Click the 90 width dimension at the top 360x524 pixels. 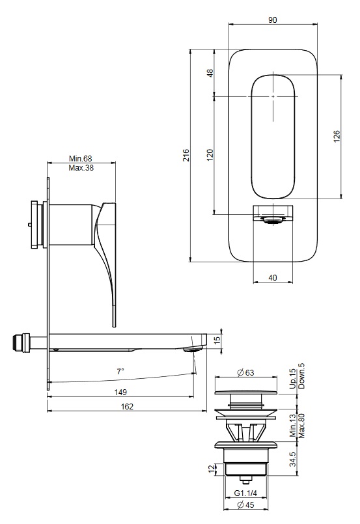(273, 20)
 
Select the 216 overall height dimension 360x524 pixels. (186, 156)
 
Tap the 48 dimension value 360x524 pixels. (210, 73)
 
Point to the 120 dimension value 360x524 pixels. (210, 155)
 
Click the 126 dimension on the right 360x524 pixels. (337, 136)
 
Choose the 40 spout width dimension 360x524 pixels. (273, 278)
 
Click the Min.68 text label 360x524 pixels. (81, 158)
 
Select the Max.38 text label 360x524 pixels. (81, 168)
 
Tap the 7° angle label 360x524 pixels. (120, 371)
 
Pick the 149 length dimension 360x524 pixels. (120, 392)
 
